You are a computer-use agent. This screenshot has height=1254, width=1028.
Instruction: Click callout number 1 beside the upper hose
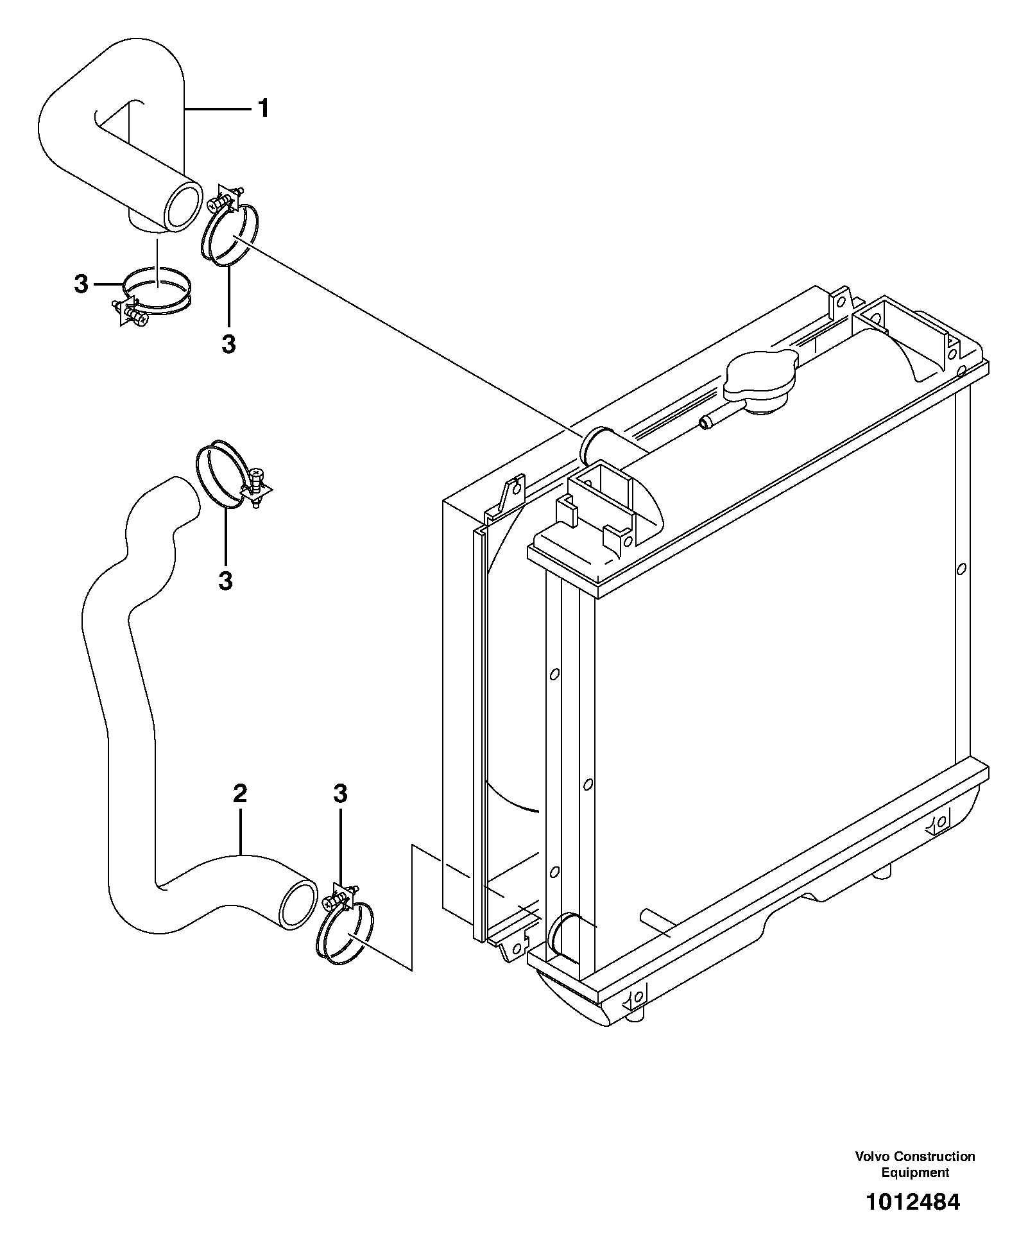point(263,109)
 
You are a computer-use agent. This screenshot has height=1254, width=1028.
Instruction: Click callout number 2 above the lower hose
point(239,794)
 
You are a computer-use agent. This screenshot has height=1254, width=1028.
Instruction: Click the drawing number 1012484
point(913,1202)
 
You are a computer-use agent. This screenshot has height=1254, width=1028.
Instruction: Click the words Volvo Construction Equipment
point(914,1164)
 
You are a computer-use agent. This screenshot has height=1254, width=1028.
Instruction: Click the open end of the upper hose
point(182,206)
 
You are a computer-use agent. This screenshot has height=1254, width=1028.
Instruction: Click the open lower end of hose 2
point(298,905)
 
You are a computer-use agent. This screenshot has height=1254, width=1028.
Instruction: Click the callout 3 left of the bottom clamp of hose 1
point(81,284)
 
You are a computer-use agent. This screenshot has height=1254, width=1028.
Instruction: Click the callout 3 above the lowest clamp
point(340,794)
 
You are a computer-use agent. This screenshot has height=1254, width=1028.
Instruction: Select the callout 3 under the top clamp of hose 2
point(225,581)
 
